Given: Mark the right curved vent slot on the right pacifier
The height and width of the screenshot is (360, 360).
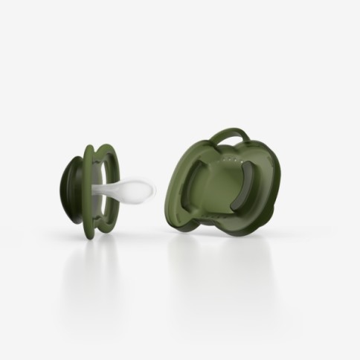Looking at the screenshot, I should [249, 190].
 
